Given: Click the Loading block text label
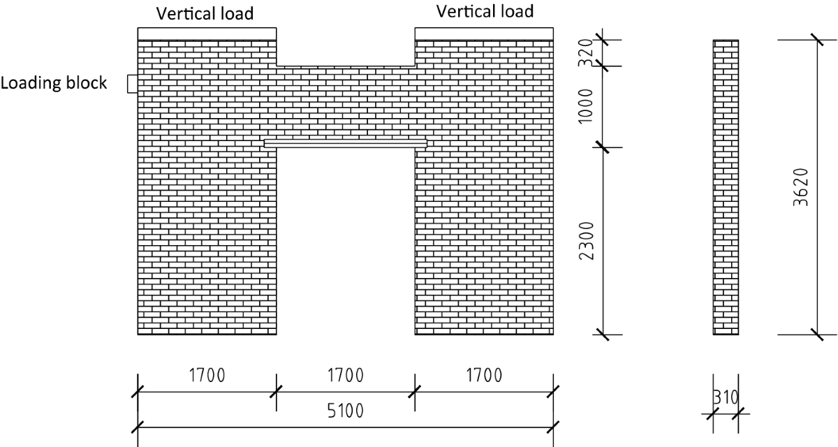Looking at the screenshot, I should [54, 83].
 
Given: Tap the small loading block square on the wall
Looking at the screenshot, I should [132, 84].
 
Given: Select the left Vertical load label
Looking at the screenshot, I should [205, 13].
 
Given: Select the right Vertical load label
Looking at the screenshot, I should [485, 11].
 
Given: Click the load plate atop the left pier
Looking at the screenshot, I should [207, 34].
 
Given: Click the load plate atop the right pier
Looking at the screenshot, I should [484, 34].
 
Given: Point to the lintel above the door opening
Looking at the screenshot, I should [346, 143].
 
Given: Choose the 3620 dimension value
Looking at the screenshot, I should [804, 187].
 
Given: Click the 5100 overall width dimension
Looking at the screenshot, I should [346, 411].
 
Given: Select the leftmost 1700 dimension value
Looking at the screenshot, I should [207, 376].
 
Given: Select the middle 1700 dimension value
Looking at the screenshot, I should [346, 376].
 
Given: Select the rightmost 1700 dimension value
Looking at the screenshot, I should [484, 376].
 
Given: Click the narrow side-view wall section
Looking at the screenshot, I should [726, 187].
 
